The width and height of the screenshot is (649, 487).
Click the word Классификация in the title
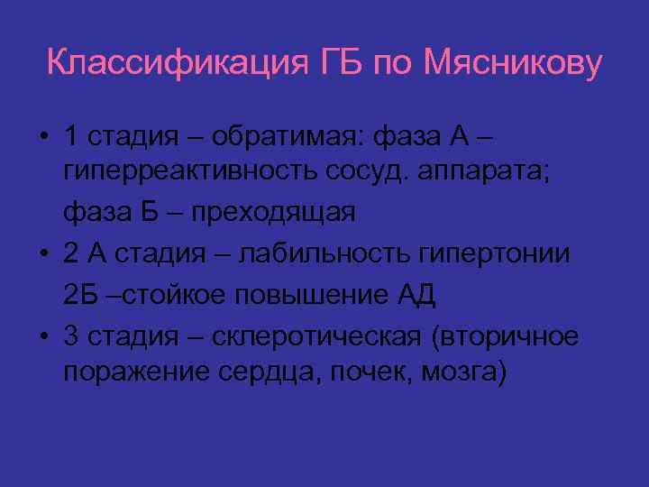tap(177, 64)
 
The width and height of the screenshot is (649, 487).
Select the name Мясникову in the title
tap(513, 64)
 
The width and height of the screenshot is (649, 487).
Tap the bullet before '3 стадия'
tap(44, 336)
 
